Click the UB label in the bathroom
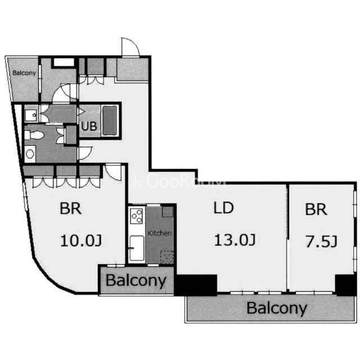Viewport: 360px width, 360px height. click(x=89, y=126)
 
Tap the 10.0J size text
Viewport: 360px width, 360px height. click(x=81, y=241)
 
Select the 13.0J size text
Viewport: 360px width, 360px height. click(x=235, y=240)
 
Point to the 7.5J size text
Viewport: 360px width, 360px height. click(x=321, y=241)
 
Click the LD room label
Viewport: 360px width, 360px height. click(x=224, y=208)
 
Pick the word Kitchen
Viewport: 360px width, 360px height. click(x=159, y=233)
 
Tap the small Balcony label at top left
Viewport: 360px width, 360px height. click(x=24, y=73)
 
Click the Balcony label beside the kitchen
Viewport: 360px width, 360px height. click(x=136, y=281)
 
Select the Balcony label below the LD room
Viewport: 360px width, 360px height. click(x=277, y=308)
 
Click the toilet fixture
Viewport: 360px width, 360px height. click(x=34, y=135)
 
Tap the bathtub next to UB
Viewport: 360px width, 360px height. click(x=110, y=120)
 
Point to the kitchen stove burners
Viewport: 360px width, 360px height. click(x=136, y=216)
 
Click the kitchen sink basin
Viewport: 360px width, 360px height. click(x=137, y=248)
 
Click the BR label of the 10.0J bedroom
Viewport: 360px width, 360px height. click(x=70, y=209)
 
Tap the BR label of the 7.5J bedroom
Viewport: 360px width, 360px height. click(x=316, y=209)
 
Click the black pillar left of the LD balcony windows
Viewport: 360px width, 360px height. click(x=196, y=285)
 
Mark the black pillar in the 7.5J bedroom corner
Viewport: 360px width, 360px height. click(x=345, y=285)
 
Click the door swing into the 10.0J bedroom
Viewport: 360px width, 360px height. click(x=114, y=173)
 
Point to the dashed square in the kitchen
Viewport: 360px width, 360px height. click(x=167, y=257)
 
